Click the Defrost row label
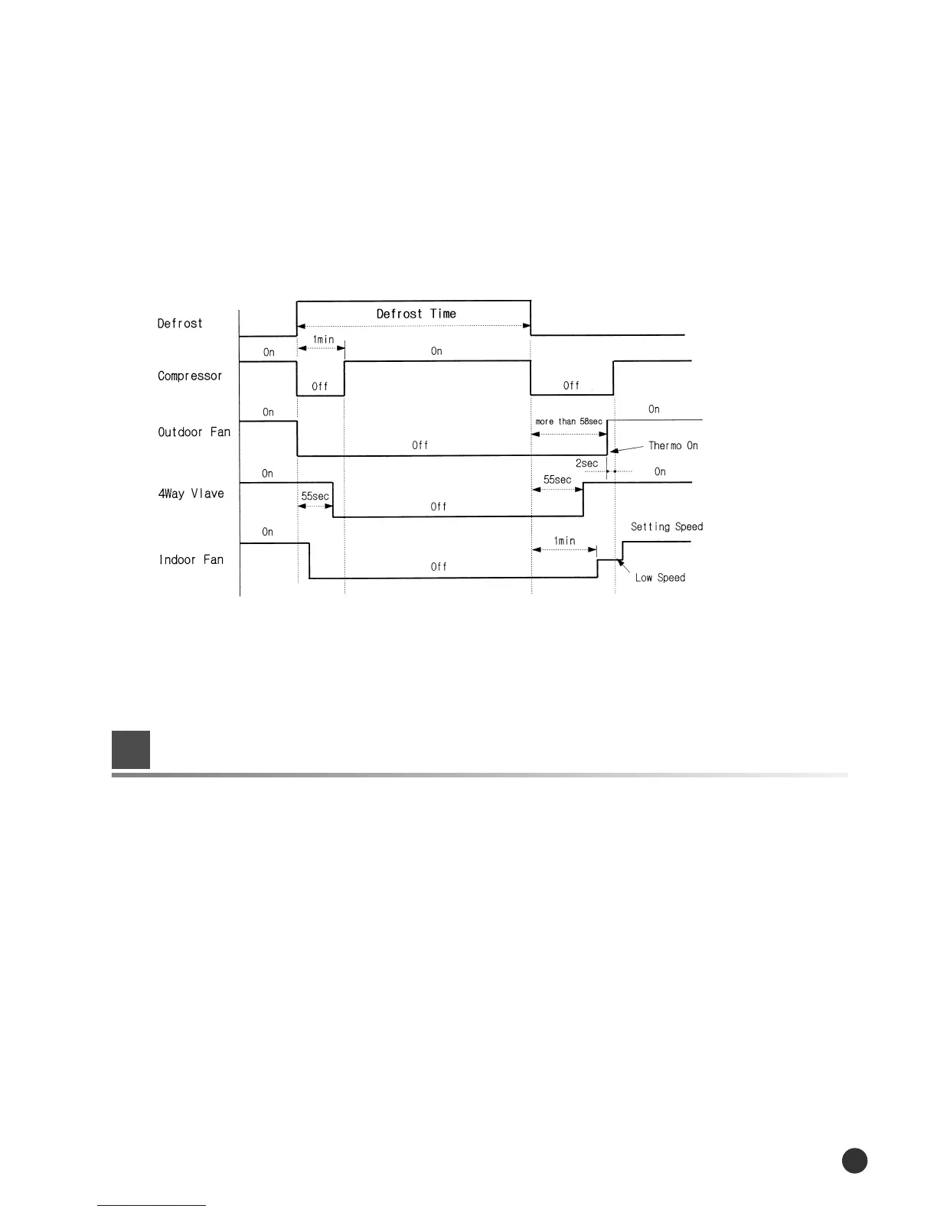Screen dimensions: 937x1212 coord(180,324)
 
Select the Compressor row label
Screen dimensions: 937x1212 coord(190,376)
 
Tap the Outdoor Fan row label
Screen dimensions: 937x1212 coord(194,432)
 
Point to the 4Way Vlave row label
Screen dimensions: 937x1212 coord(191,494)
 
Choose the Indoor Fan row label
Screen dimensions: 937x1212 coord(191,559)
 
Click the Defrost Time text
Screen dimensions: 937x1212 coord(416,314)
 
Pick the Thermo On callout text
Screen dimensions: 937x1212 coord(673,445)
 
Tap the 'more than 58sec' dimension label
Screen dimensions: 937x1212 coord(569,422)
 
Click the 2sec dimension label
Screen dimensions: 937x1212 coord(586,464)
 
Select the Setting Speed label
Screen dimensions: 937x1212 coord(667,526)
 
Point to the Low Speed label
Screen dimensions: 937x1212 coord(660,578)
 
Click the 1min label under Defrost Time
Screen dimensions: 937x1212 coord(323,339)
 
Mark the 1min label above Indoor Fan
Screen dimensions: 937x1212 coord(565,541)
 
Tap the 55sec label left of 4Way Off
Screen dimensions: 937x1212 coord(315,496)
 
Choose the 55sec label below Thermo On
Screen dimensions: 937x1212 coord(557,480)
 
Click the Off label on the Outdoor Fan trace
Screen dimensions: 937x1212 coord(420,445)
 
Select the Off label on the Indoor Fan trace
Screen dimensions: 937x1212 coord(439,567)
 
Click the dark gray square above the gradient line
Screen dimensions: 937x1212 coord(131,750)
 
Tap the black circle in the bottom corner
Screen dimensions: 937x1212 coord(854,1160)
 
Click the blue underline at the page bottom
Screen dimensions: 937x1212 coord(152,1205)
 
